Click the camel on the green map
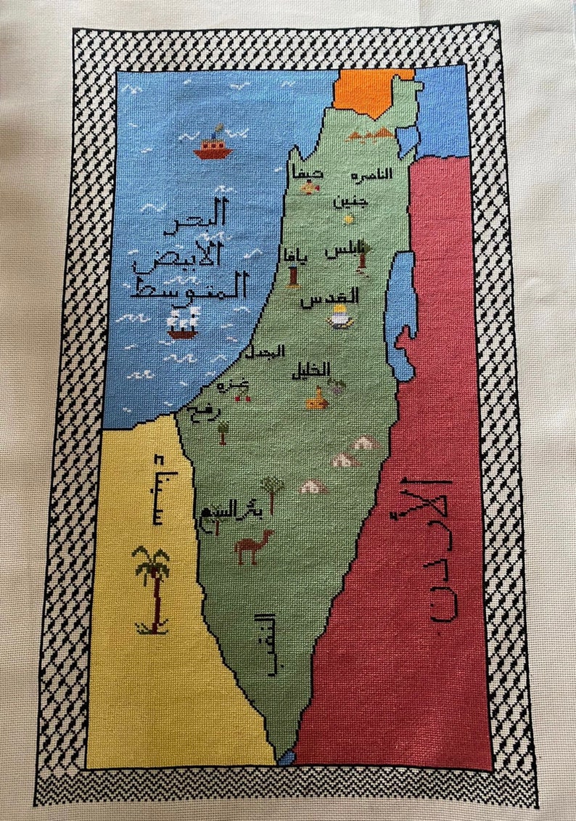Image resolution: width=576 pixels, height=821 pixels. pos(253,546)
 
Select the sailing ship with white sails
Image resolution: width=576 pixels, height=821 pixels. pos(181,322)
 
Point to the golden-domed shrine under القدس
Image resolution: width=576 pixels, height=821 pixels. pos(338,316)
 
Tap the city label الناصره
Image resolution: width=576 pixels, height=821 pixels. pos(371,175)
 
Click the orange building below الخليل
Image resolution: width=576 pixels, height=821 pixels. pos(316,399)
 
